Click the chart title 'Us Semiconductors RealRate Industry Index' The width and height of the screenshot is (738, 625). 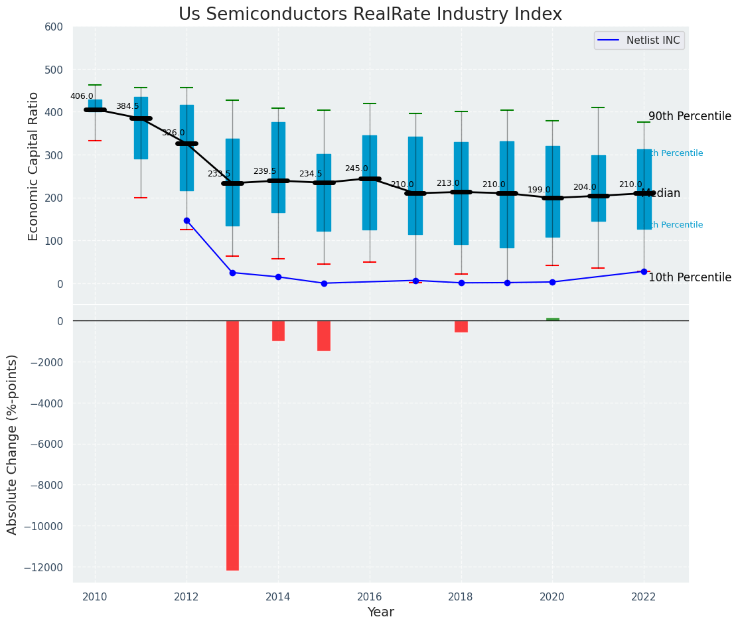point(370,15)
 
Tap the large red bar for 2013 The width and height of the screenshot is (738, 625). point(232,445)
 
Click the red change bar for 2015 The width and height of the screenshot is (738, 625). point(324,335)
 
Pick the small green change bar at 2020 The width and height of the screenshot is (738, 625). point(552,319)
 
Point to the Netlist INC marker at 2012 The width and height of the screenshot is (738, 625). point(186,220)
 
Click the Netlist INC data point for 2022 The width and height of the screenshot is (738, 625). point(644,271)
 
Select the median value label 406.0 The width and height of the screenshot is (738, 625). point(82,96)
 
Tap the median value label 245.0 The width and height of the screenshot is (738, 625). point(356,169)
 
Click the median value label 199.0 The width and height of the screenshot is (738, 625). point(539,190)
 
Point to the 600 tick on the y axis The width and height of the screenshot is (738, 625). point(54,27)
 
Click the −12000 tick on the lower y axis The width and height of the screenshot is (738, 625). point(44,567)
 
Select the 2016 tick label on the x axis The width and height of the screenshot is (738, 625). point(369,596)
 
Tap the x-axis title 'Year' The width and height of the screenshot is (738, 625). point(381,612)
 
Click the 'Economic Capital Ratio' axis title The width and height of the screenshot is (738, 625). point(34,165)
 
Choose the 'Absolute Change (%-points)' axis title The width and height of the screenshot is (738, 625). point(13,444)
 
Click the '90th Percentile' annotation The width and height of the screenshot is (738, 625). point(690,117)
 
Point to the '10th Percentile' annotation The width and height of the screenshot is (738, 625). point(690,277)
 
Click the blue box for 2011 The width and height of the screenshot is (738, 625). point(141,127)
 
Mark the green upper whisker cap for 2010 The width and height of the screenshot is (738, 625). point(95,85)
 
